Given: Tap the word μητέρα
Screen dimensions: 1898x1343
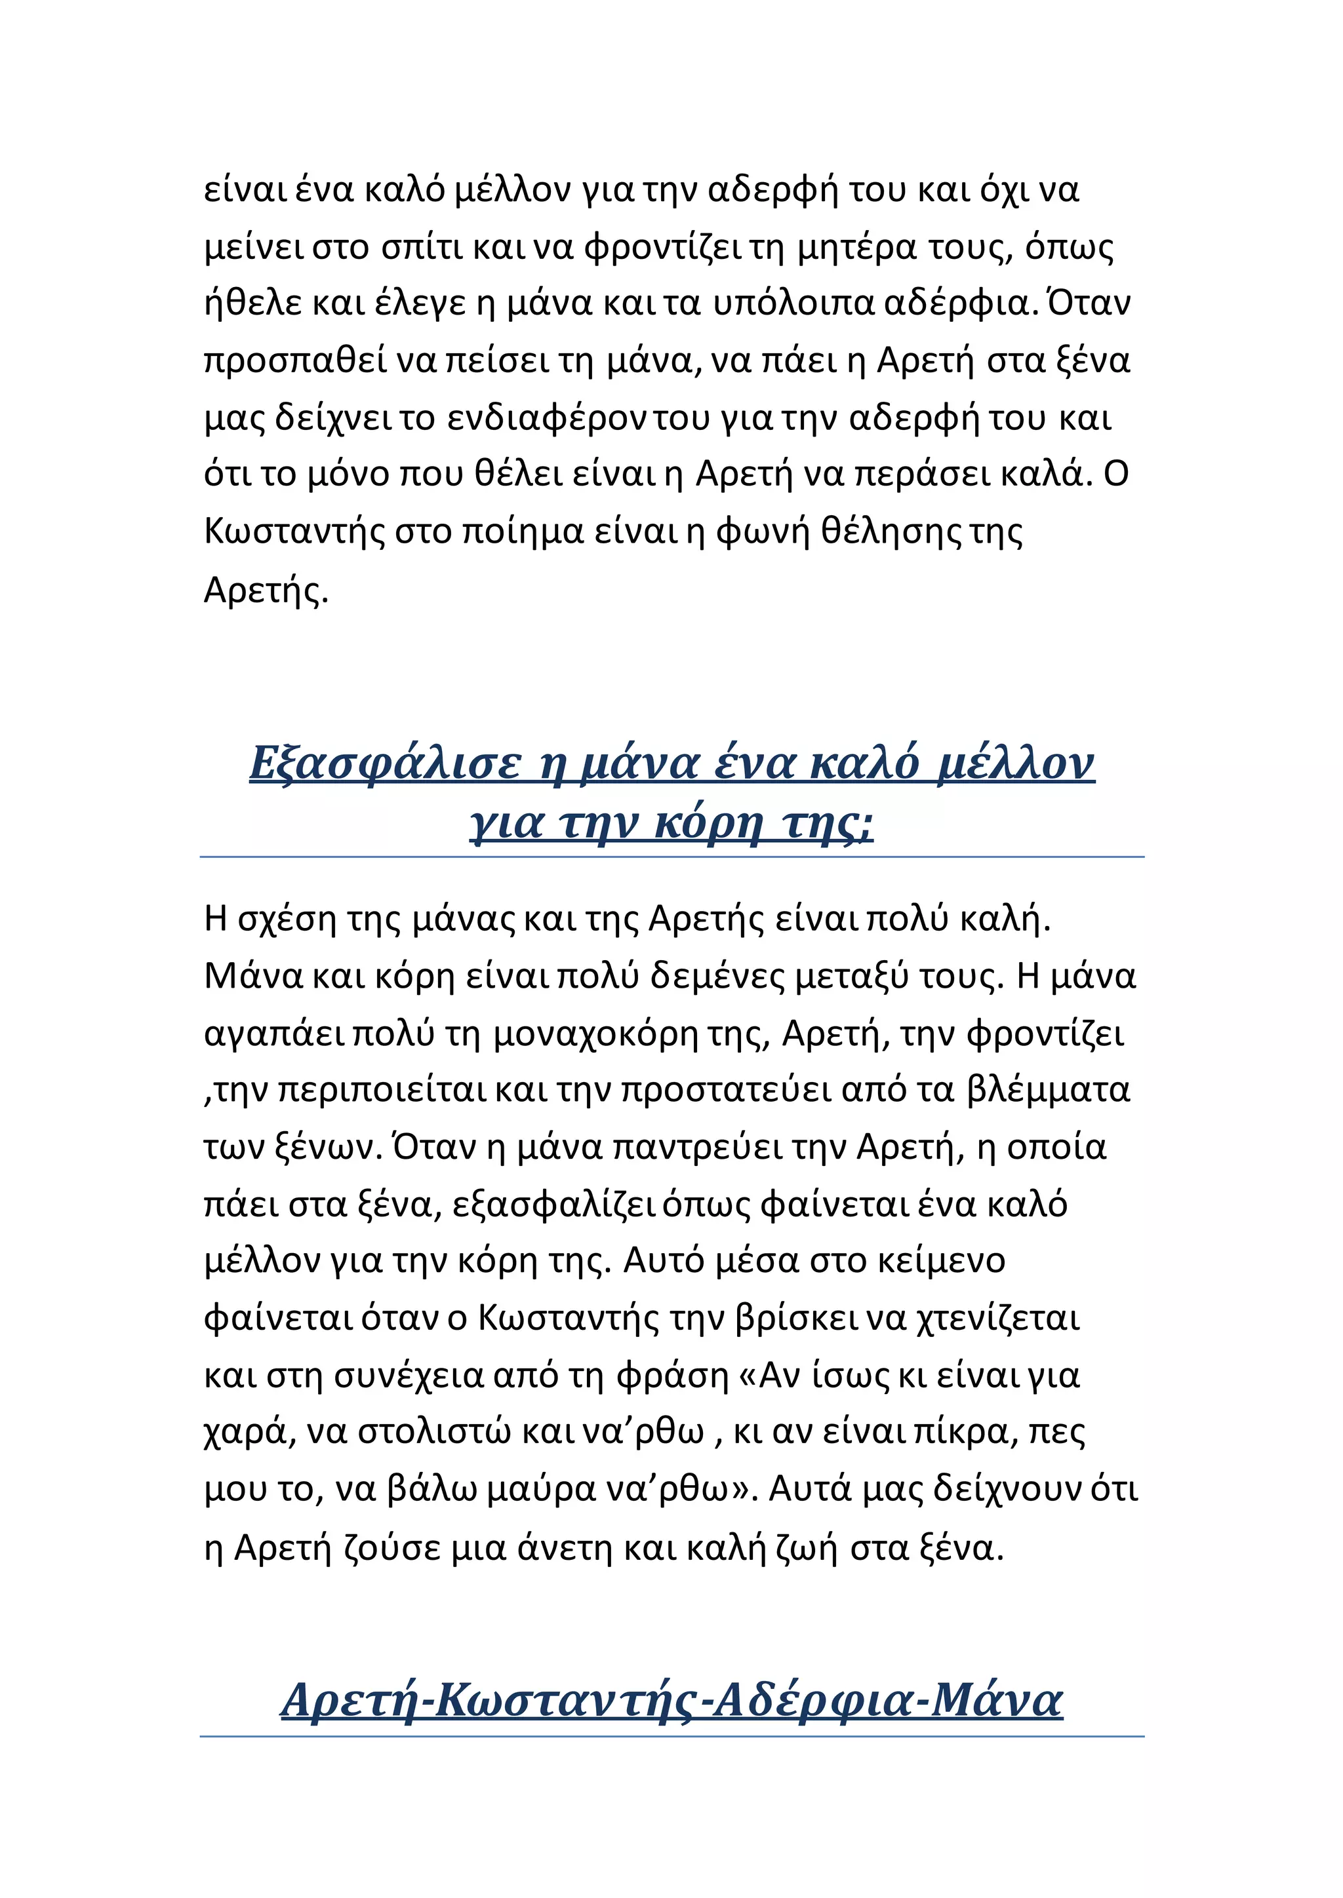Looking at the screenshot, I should pos(856,248).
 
